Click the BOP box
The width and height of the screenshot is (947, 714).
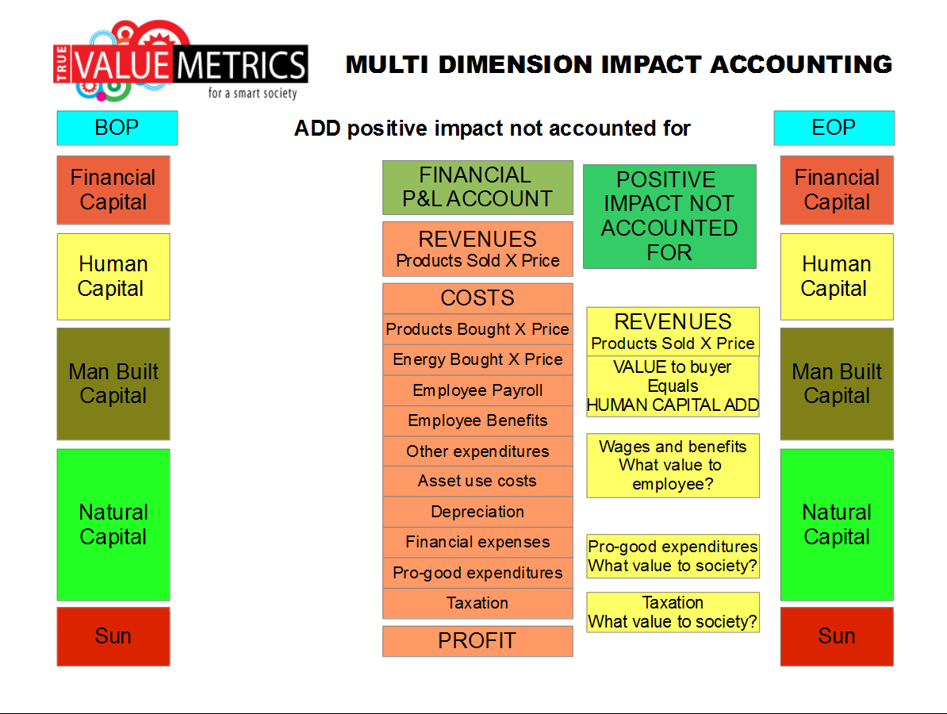coord(117,128)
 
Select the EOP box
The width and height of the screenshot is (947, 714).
coord(834,128)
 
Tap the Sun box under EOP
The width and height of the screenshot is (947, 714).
coord(837,637)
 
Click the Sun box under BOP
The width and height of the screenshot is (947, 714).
coord(113,637)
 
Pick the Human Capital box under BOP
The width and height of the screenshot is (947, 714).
coord(113,277)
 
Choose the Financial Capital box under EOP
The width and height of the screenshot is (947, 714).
coord(837,190)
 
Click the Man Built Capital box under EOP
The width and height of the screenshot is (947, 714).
coord(837,384)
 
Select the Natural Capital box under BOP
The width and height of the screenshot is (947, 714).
coord(113,524)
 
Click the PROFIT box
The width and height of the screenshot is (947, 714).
coord(477,641)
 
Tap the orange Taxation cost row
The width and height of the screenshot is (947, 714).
coord(477,604)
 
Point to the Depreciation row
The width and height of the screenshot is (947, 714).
coord(477,512)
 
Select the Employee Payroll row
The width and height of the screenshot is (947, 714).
coord(477,390)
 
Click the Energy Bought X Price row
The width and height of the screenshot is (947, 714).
coord(477,359)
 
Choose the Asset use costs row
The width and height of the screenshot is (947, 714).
coord(477,482)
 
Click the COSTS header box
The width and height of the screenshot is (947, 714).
coord(477,298)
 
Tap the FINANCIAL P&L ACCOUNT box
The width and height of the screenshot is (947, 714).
coord(477,187)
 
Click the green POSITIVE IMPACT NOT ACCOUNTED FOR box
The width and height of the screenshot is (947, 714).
coord(669,217)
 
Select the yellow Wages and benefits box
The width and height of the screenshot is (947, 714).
coord(673,466)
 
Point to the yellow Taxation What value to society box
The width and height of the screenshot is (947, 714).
coord(673,612)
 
